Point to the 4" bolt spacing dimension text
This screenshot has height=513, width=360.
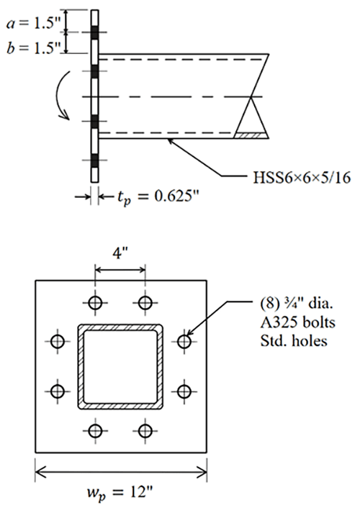click(x=120, y=255)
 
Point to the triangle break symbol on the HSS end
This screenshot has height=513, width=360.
click(x=253, y=115)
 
